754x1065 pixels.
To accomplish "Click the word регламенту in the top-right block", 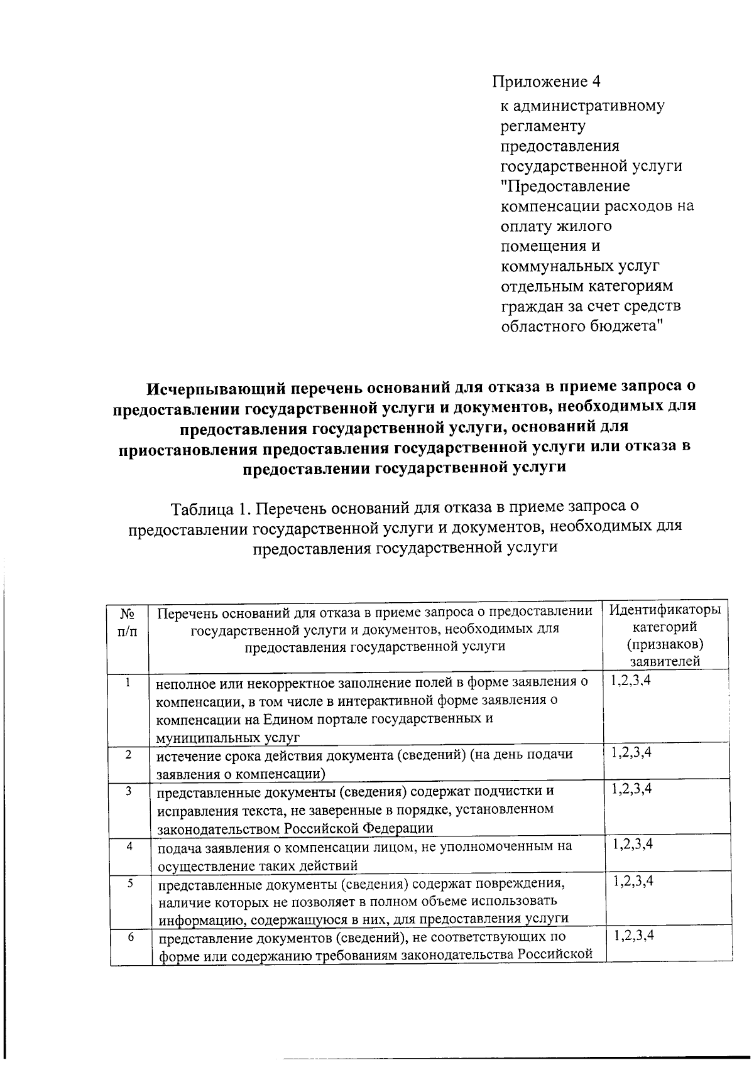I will coord(542,126).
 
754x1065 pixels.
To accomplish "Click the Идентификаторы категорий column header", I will coord(665,619).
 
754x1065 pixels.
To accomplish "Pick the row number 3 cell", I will coord(128,791).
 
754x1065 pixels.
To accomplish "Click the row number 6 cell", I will coord(130,937).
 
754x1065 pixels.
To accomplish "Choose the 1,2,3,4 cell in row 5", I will coord(633,882).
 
